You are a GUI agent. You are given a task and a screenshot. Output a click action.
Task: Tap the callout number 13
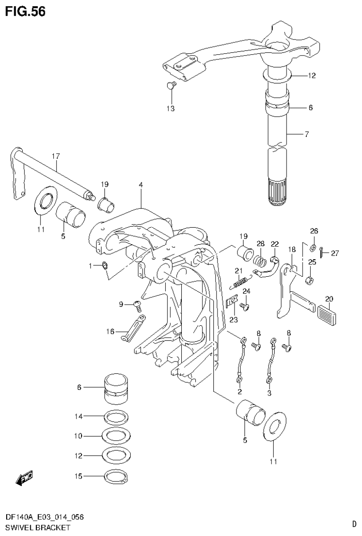pyautogui.click(x=170, y=108)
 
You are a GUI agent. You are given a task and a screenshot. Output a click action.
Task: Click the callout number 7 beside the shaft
pyautogui.click(x=306, y=134)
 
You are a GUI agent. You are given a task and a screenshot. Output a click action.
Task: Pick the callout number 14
pyautogui.click(x=78, y=416)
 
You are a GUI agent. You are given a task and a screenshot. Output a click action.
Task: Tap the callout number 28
pyautogui.click(x=261, y=243)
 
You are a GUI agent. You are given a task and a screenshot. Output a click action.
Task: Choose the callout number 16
pyautogui.click(x=110, y=332)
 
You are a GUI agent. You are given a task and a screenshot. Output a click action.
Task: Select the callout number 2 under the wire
pyautogui.click(x=239, y=392)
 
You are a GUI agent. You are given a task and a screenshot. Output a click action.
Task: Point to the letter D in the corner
pyautogui.click(x=354, y=523)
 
